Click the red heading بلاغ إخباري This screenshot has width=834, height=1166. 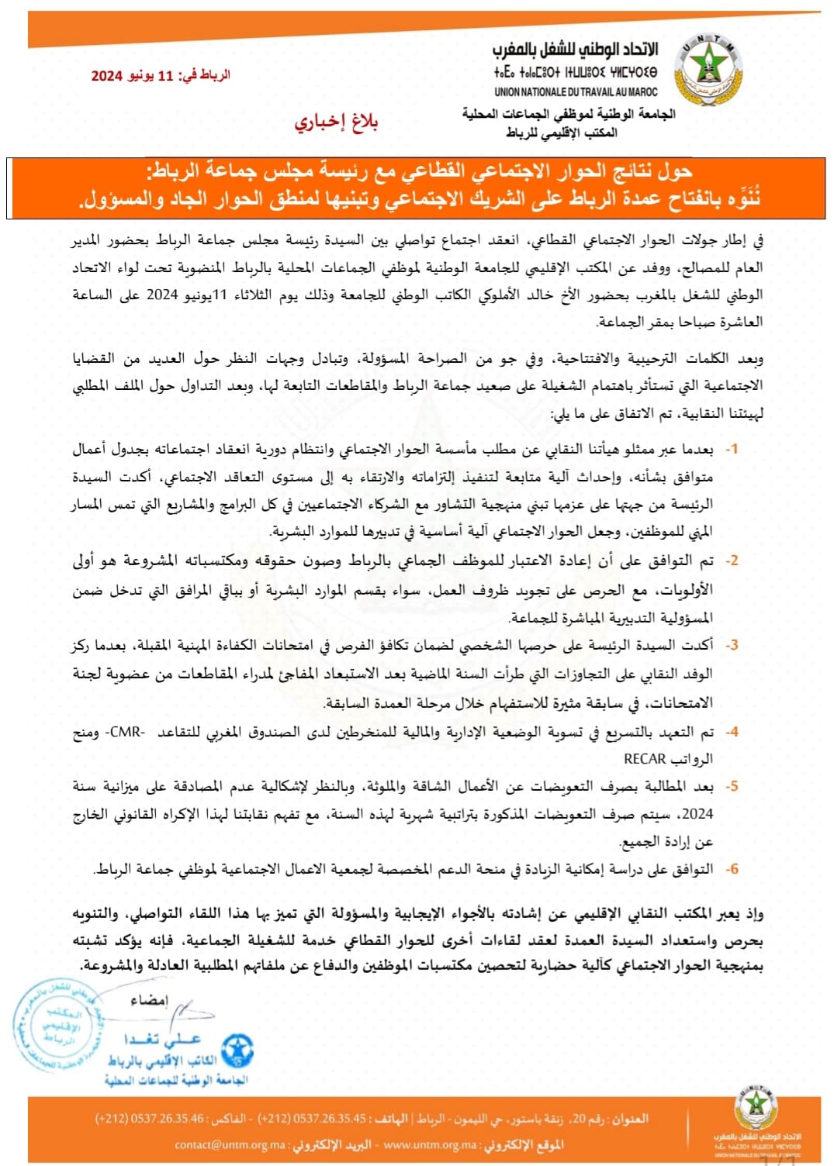click(335, 122)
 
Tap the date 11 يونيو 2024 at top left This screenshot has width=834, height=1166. click(160, 75)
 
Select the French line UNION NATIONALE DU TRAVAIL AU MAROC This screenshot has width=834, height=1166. click(576, 91)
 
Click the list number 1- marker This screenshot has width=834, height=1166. click(731, 449)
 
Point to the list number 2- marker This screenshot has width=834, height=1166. click(731, 561)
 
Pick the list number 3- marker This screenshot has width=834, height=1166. click(731, 645)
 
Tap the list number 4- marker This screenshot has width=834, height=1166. click(731, 731)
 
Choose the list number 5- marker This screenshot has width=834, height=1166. click(731, 786)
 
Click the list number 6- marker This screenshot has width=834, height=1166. click(731, 869)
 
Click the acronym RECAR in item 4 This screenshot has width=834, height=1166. click(645, 758)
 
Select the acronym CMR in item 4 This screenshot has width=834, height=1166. click(126, 731)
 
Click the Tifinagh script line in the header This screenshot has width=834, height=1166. click(575, 72)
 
